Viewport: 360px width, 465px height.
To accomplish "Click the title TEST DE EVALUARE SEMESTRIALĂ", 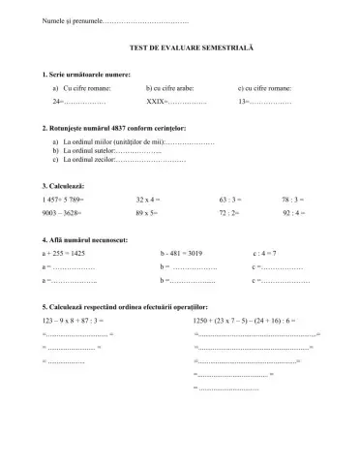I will pos(180,47).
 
